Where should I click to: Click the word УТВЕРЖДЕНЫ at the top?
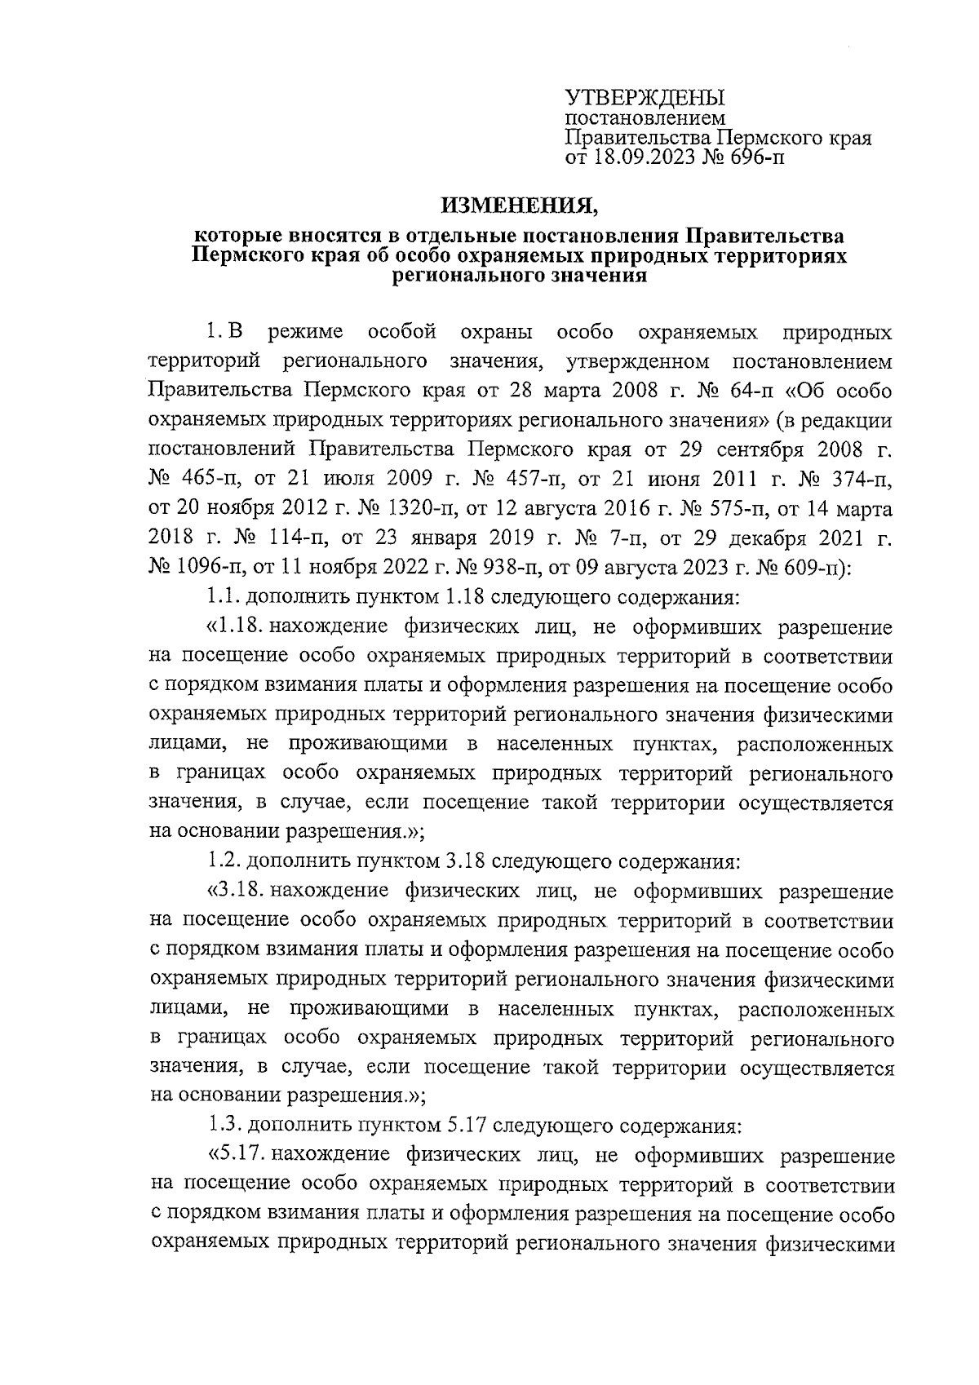(645, 99)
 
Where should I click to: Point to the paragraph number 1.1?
(222, 598)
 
